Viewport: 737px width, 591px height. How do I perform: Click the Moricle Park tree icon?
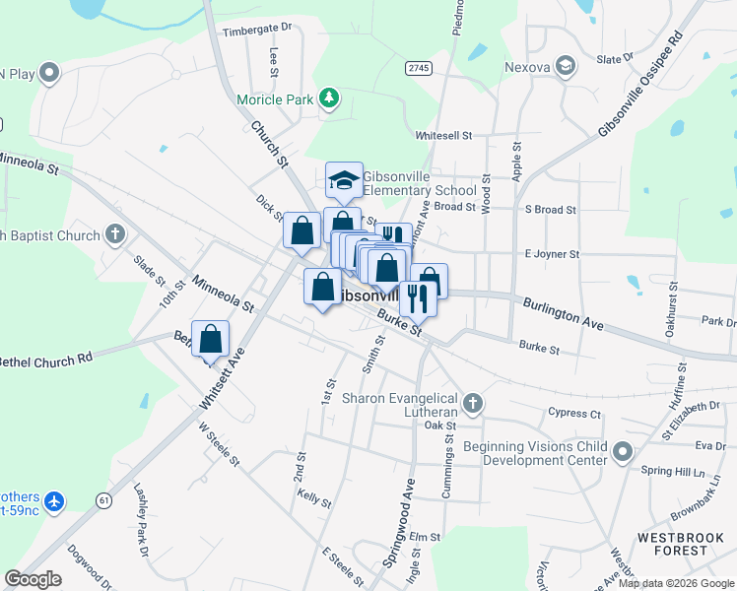point(328,98)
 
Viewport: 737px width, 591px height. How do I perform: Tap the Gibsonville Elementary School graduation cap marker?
point(345,180)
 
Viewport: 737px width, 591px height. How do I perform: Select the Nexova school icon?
point(566,66)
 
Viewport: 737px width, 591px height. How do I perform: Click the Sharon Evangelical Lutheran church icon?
point(473,403)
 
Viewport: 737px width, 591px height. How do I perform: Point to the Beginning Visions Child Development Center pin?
point(623,452)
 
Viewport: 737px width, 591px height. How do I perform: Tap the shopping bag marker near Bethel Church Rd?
point(211,339)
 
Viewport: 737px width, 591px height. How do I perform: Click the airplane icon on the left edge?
point(53,501)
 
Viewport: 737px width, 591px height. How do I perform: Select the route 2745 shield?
point(419,66)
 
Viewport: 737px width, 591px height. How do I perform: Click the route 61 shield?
point(103,499)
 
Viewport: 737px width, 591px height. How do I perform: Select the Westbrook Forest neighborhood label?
point(681,544)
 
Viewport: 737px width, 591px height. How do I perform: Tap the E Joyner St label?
point(552,254)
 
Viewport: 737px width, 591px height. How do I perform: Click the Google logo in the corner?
point(33,579)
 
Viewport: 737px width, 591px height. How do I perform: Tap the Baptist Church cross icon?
point(115,234)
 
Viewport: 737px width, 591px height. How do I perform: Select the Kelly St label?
point(313,500)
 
